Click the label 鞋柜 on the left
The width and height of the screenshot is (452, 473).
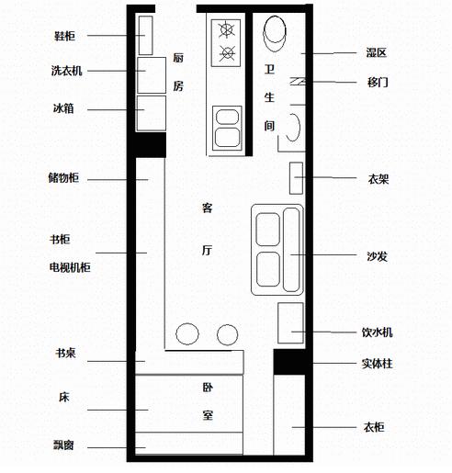click(x=64, y=36)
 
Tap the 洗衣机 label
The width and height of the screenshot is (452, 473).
click(x=67, y=71)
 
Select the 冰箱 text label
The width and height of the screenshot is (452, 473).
click(x=63, y=108)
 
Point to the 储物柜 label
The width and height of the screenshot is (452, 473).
click(x=63, y=178)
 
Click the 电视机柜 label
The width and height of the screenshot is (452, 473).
click(x=70, y=267)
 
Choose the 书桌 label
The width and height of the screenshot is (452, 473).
click(x=65, y=353)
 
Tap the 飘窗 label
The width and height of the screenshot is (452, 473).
click(x=63, y=445)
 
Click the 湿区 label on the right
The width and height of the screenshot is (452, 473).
click(x=377, y=52)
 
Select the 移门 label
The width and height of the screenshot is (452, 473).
click(x=378, y=82)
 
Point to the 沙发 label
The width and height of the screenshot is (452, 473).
click(x=378, y=256)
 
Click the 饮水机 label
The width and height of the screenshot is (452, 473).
click(x=378, y=332)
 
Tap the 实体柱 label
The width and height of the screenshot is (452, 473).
click(x=378, y=364)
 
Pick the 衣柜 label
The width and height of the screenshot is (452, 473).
click(x=374, y=427)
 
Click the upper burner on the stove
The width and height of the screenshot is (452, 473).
click(x=227, y=29)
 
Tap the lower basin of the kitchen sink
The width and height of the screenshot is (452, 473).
click(x=227, y=137)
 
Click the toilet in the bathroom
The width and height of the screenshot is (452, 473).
click(x=275, y=33)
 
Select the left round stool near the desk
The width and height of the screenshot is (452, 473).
click(x=187, y=333)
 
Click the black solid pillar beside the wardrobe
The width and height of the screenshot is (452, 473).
click(x=289, y=362)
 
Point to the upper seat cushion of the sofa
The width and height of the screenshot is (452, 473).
click(x=268, y=230)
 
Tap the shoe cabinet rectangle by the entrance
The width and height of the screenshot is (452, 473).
click(x=145, y=36)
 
